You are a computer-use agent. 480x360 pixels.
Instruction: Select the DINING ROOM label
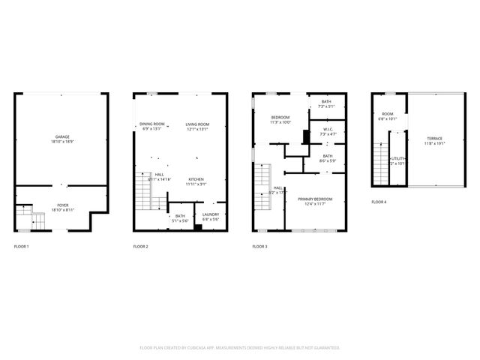click(152, 124)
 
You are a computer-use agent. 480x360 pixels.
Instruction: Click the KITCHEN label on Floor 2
click(196, 179)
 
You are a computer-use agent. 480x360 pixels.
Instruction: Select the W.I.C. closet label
click(327, 130)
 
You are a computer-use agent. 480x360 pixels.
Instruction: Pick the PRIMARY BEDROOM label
click(314, 199)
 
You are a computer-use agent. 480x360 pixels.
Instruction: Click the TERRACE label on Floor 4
click(435, 139)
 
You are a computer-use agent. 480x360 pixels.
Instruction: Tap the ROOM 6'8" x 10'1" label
click(388, 115)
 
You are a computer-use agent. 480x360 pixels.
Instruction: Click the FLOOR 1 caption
click(22, 247)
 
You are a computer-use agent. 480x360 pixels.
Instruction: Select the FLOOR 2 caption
click(141, 247)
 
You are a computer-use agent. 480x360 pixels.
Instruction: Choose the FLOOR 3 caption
click(259, 247)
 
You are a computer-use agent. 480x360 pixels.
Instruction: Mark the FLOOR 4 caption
click(379, 202)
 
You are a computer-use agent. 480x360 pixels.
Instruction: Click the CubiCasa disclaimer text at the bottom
click(240, 348)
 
